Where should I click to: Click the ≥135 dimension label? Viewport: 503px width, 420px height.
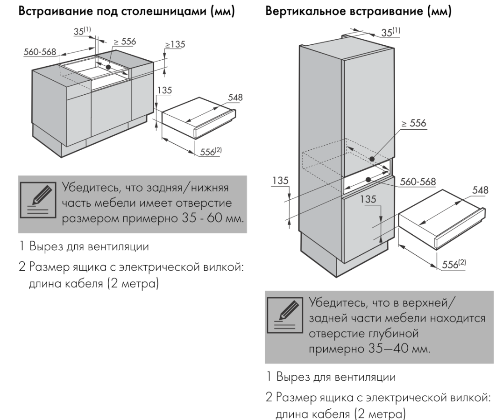click(x=174, y=45)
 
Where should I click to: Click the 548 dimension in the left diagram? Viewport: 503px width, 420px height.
click(x=235, y=97)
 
